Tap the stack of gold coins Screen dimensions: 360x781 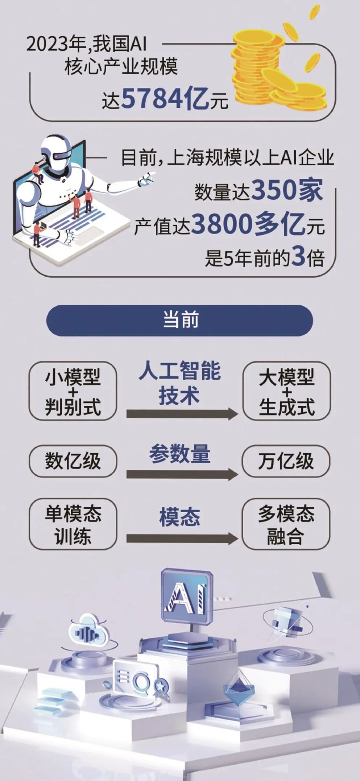click(277, 69)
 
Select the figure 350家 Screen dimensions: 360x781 click(286, 190)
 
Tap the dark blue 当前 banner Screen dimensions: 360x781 click(180, 321)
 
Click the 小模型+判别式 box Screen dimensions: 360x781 click(73, 391)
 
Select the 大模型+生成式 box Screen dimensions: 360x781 click(286, 391)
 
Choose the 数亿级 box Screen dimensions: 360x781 click(73, 461)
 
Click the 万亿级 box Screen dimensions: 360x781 click(286, 461)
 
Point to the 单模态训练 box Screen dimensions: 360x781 click(73, 524)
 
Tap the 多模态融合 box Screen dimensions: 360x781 click(286, 524)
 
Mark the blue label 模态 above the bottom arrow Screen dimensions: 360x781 click(180, 517)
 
